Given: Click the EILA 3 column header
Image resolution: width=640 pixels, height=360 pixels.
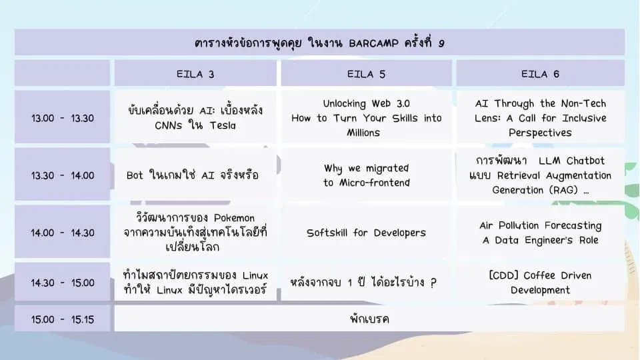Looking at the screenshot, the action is pyautogui.click(x=195, y=73).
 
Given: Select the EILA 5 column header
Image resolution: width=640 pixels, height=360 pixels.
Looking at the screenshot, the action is pyautogui.click(x=366, y=73).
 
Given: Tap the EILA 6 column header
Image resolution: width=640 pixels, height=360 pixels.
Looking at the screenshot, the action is pyautogui.click(x=540, y=73).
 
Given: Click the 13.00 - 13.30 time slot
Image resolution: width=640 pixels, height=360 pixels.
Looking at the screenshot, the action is pyautogui.click(x=63, y=117).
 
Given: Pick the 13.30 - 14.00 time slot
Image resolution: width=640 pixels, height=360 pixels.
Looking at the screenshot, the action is pyautogui.click(x=63, y=175).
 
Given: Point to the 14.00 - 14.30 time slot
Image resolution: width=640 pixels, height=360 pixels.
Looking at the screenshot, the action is pyautogui.click(x=63, y=232).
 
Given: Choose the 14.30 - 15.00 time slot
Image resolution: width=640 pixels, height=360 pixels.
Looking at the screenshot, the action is pyautogui.click(x=63, y=282).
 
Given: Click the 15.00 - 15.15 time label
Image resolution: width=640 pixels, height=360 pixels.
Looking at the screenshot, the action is pyautogui.click(x=63, y=319).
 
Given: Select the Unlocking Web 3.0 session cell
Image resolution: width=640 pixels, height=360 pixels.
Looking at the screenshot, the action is pyautogui.click(x=366, y=117).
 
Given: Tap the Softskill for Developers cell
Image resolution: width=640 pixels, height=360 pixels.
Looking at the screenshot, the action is pyautogui.click(x=366, y=232).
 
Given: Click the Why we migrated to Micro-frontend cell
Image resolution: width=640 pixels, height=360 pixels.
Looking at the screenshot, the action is pyautogui.click(x=366, y=175).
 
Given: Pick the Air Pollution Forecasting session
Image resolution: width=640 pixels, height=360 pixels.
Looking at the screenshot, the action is pyautogui.click(x=540, y=232).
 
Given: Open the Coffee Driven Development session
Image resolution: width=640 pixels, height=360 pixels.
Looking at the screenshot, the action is pyautogui.click(x=540, y=282).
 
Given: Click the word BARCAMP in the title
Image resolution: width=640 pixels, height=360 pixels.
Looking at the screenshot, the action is pyautogui.click(x=373, y=43).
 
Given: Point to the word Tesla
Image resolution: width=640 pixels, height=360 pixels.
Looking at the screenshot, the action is pyautogui.click(x=223, y=125).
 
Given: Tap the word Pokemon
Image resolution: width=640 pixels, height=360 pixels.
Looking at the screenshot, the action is pyautogui.click(x=234, y=217).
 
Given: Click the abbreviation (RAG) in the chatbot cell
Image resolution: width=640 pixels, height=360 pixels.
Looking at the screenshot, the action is pyautogui.click(x=563, y=190).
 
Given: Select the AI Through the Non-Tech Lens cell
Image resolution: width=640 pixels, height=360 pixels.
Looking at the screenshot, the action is pyautogui.click(x=540, y=117).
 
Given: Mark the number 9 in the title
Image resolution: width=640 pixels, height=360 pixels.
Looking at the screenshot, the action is pyautogui.click(x=441, y=43).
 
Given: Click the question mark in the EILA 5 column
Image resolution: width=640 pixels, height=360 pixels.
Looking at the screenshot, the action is pyautogui.click(x=433, y=283).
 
